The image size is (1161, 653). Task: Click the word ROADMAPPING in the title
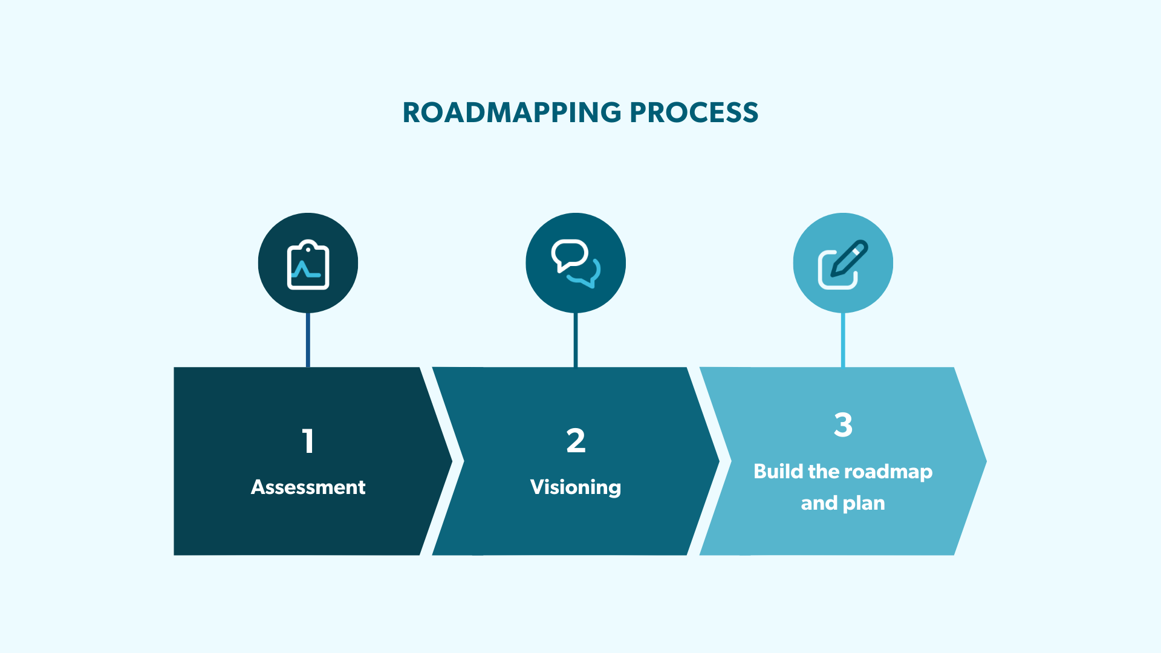(x=512, y=112)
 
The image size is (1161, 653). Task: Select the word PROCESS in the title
(x=694, y=112)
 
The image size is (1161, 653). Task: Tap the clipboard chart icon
(x=308, y=264)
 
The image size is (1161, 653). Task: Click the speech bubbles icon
(x=576, y=264)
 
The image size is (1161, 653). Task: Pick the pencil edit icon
(x=843, y=264)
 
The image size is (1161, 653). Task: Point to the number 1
(x=308, y=441)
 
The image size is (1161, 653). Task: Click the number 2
(x=576, y=441)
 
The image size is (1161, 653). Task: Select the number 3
(x=843, y=424)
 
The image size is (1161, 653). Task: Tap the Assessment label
(x=308, y=487)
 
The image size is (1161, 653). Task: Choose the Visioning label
(x=576, y=487)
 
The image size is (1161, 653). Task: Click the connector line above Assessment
(x=308, y=340)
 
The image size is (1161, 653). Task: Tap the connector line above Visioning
(x=576, y=340)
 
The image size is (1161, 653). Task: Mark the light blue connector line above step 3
(x=843, y=340)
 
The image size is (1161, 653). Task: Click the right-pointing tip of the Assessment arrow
(x=447, y=461)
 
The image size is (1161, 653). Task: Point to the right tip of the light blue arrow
(x=982, y=461)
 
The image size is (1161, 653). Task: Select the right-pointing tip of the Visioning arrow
(x=715, y=461)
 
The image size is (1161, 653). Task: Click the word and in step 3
(x=819, y=504)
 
